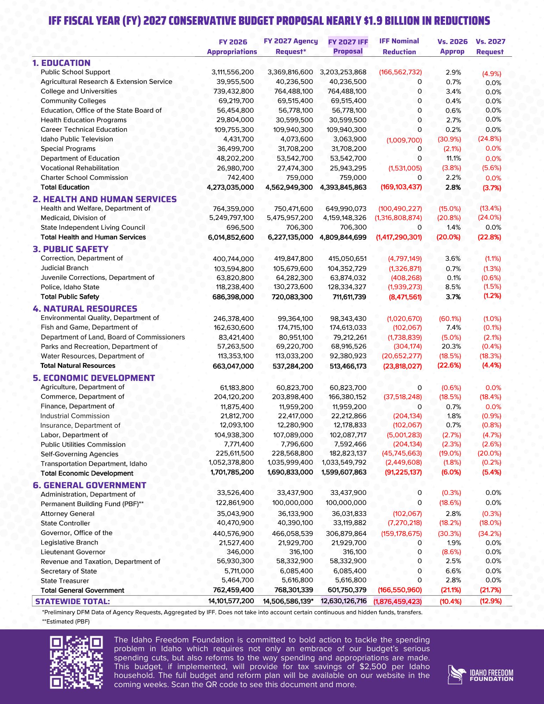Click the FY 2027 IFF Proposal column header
coord(348,46)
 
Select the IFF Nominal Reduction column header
coord(399,46)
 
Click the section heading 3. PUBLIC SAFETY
coord(70,249)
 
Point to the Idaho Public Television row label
coord(77,139)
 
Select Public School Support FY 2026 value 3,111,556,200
coord(232,72)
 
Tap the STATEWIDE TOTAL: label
coord(73,601)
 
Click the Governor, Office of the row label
coord(76,533)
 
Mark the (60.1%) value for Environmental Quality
coord(450,319)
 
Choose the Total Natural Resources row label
coord(78,366)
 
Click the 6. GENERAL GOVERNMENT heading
coord(89,485)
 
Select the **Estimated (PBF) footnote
coord(66,621)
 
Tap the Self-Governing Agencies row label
coord(79,454)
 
